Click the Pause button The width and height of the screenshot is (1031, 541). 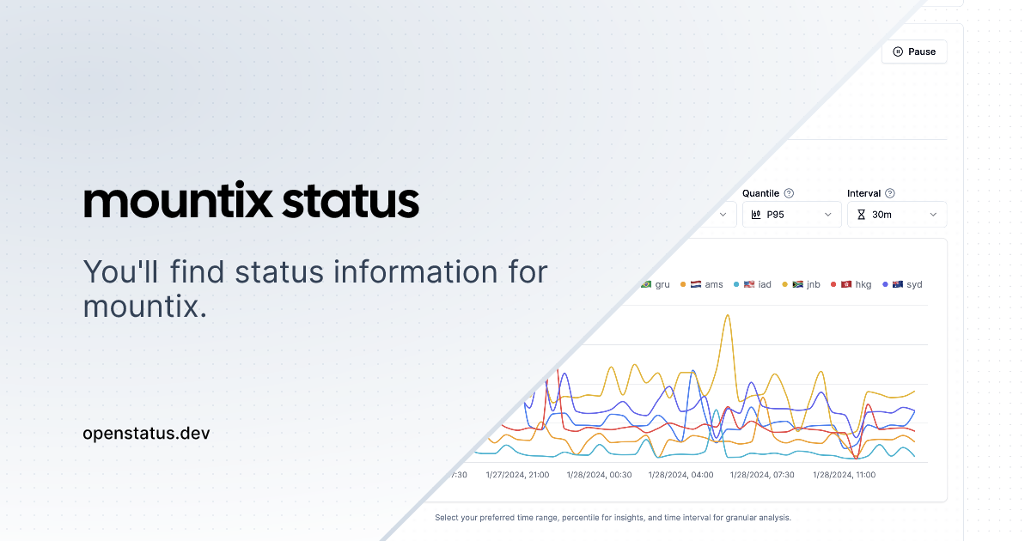pos(914,52)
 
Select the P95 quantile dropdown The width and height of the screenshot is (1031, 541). pos(791,215)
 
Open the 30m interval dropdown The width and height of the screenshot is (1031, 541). pos(897,215)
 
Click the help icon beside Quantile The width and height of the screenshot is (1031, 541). pos(789,193)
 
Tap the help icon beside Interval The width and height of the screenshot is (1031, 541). pos(890,193)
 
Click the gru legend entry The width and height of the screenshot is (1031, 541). pos(655,284)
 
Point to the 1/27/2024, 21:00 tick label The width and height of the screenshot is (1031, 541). pos(517,475)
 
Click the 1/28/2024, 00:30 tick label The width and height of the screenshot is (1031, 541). pos(600,475)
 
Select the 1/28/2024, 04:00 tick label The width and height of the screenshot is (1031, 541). pos(680,475)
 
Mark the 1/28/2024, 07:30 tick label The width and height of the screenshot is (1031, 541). pos(762,475)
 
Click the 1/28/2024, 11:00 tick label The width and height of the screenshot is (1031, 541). pos(844,475)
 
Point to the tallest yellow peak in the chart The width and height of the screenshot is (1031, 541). pos(728,315)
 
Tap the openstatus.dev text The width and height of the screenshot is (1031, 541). pos(146,434)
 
